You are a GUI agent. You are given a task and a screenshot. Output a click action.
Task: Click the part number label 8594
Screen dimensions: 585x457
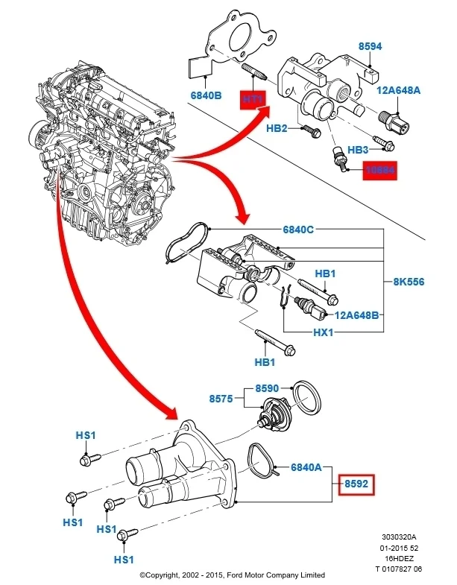(x=370, y=46)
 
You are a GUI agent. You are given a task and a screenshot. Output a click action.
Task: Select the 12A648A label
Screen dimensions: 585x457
(x=398, y=90)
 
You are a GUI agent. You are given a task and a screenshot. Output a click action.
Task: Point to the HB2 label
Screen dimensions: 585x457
(x=277, y=129)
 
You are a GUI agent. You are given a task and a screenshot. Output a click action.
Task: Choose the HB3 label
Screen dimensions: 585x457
(x=359, y=150)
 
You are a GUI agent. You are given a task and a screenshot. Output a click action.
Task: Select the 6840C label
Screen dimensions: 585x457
(x=277, y=230)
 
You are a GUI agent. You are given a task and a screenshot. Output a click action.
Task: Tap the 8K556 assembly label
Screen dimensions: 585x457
(x=410, y=283)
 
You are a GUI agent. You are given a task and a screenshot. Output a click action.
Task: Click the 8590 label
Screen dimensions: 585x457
(x=266, y=388)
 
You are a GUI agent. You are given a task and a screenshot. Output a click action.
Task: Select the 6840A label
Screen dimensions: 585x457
(x=305, y=468)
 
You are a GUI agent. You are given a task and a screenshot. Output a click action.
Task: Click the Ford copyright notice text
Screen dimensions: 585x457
(x=232, y=575)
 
